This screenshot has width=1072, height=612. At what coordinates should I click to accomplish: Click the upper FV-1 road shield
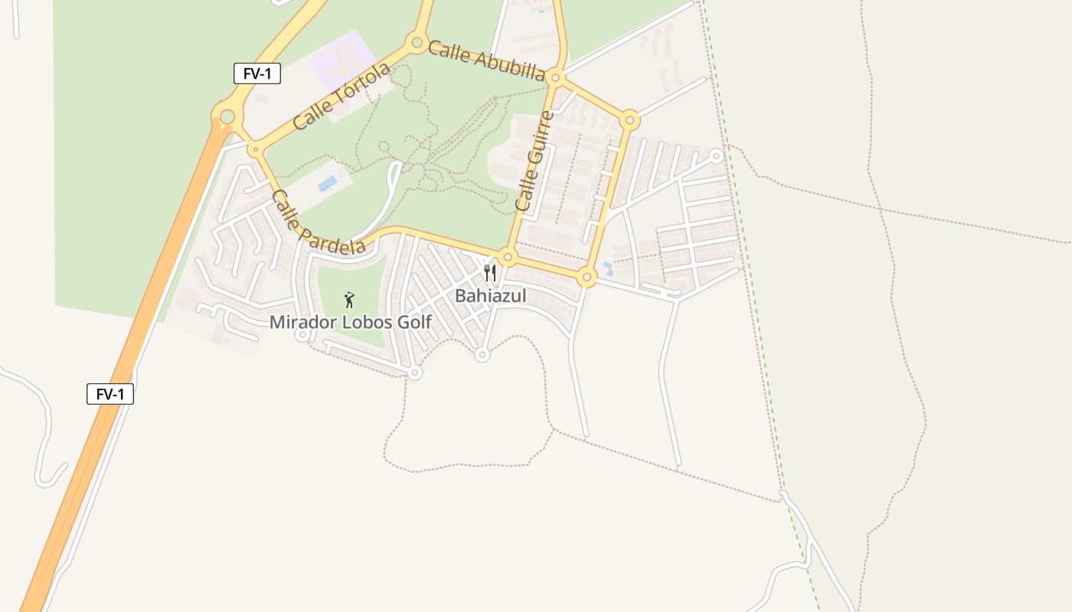[257, 73]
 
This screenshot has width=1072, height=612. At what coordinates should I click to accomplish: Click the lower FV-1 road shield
[110, 394]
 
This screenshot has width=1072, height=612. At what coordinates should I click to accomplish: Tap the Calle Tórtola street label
[342, 96]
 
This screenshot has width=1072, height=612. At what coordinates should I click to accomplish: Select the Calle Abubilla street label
[486, 60]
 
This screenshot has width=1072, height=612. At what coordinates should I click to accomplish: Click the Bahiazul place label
[491, 295]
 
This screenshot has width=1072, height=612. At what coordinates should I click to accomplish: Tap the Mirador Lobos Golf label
[350, 322]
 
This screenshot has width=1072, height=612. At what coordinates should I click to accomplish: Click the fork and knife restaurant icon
[490, 273]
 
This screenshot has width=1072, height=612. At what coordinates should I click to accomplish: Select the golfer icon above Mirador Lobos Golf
[349, 299]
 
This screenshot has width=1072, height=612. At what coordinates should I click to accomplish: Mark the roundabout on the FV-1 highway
[227, 117]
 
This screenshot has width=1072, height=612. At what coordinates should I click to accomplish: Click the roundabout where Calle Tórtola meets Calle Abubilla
[417, 42]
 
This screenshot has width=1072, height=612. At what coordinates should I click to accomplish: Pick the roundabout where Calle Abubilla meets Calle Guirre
[557, 78]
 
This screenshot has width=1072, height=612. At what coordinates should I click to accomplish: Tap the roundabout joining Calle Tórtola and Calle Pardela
[255, 149]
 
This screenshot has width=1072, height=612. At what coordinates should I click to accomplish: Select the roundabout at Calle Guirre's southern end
[507, 257]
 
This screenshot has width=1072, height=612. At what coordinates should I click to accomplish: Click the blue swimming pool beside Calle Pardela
[328, 184]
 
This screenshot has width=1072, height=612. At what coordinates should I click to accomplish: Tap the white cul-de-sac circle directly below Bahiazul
[482, 355]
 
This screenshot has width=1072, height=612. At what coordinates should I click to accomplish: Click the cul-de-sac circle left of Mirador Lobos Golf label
[302, 334]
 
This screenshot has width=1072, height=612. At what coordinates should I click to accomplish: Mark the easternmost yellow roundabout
[629, 119]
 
